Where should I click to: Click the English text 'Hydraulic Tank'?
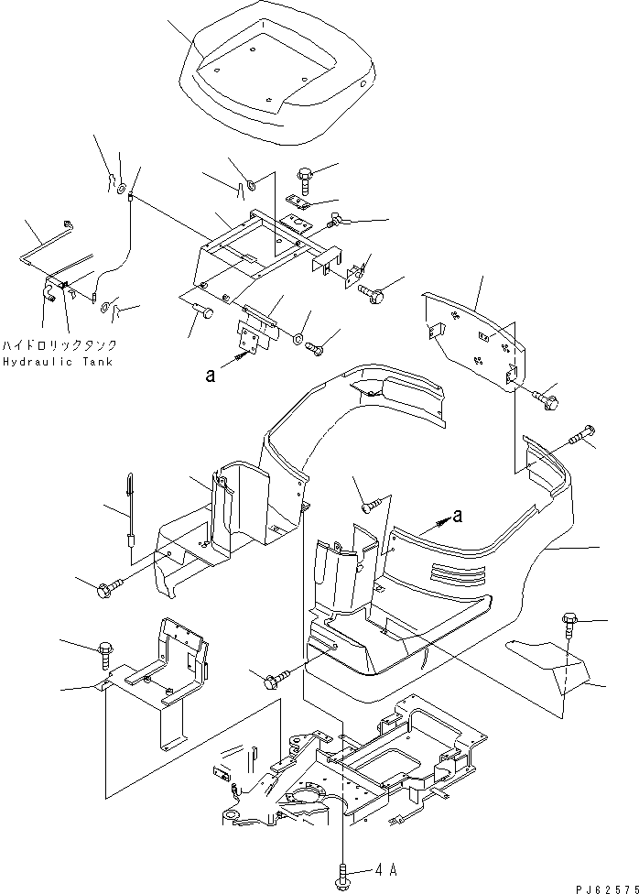57,362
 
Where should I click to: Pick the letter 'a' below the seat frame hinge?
211,375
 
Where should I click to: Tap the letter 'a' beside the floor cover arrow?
458,516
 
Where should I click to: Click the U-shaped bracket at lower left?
169,678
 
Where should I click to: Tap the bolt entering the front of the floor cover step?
275,679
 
